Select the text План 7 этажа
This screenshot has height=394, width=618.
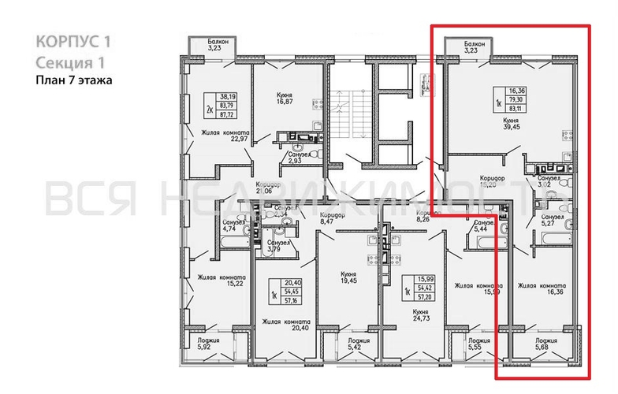(x=73, y=79)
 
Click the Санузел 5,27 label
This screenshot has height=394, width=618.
(x=549, y=221)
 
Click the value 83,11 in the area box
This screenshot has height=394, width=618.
(x=517, y=108)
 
